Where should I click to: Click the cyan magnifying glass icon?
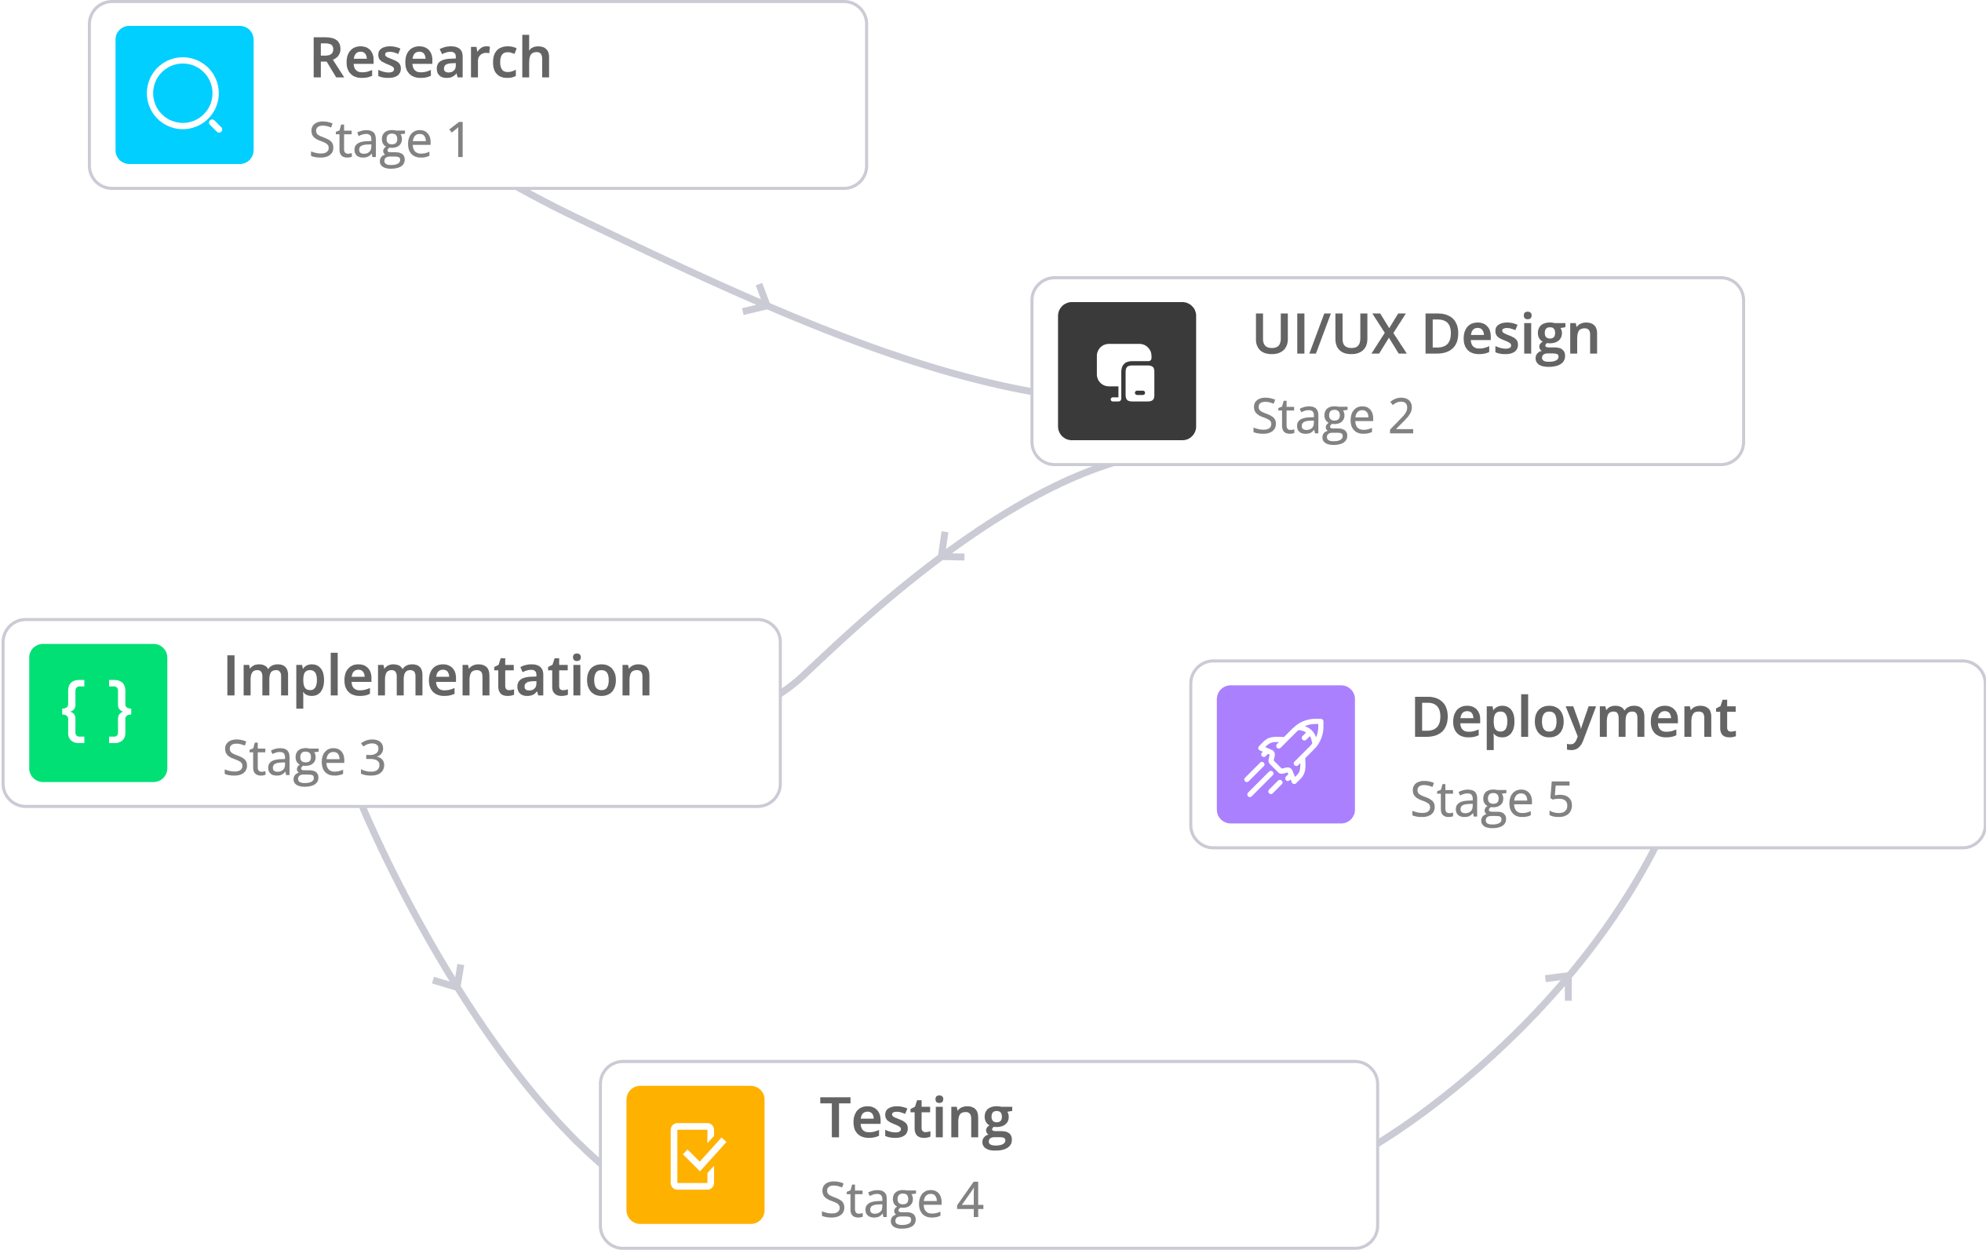184,95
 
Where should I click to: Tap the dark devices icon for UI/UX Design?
1127,371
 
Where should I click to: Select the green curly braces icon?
98,712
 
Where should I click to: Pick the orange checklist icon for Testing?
695,1154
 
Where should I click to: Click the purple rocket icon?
1285,754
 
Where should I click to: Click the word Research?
431,59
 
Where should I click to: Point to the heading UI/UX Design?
1426,336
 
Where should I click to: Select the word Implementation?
438,676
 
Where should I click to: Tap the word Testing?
916,1119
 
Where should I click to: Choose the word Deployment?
1573,718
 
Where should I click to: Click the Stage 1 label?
388,140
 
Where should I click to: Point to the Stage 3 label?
304,758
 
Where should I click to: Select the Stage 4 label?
902,1200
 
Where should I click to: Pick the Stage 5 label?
1491,799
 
